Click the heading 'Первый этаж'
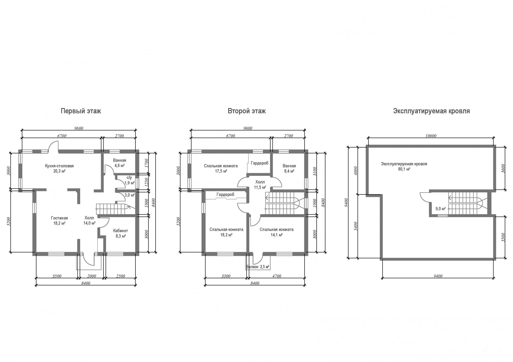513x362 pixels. pos(81,111)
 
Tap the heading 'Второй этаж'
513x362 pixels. pos(247,111)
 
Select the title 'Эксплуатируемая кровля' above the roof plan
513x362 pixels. pos(431,111)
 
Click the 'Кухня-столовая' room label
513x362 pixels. pos(59,166)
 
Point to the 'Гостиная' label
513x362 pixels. pos(59,218)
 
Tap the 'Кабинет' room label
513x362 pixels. pos(121,231)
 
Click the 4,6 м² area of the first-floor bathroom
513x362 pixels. pos(119,166)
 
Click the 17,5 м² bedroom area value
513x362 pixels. pos(221,171)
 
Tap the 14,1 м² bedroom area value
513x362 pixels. pos(277,235)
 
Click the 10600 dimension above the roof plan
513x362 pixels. pos(431,136)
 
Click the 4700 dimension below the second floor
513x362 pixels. pos(277,276)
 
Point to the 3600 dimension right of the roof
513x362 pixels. pos(503,168)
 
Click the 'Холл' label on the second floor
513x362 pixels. pos(260,182)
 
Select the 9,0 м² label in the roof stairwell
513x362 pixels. pos(441,209)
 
